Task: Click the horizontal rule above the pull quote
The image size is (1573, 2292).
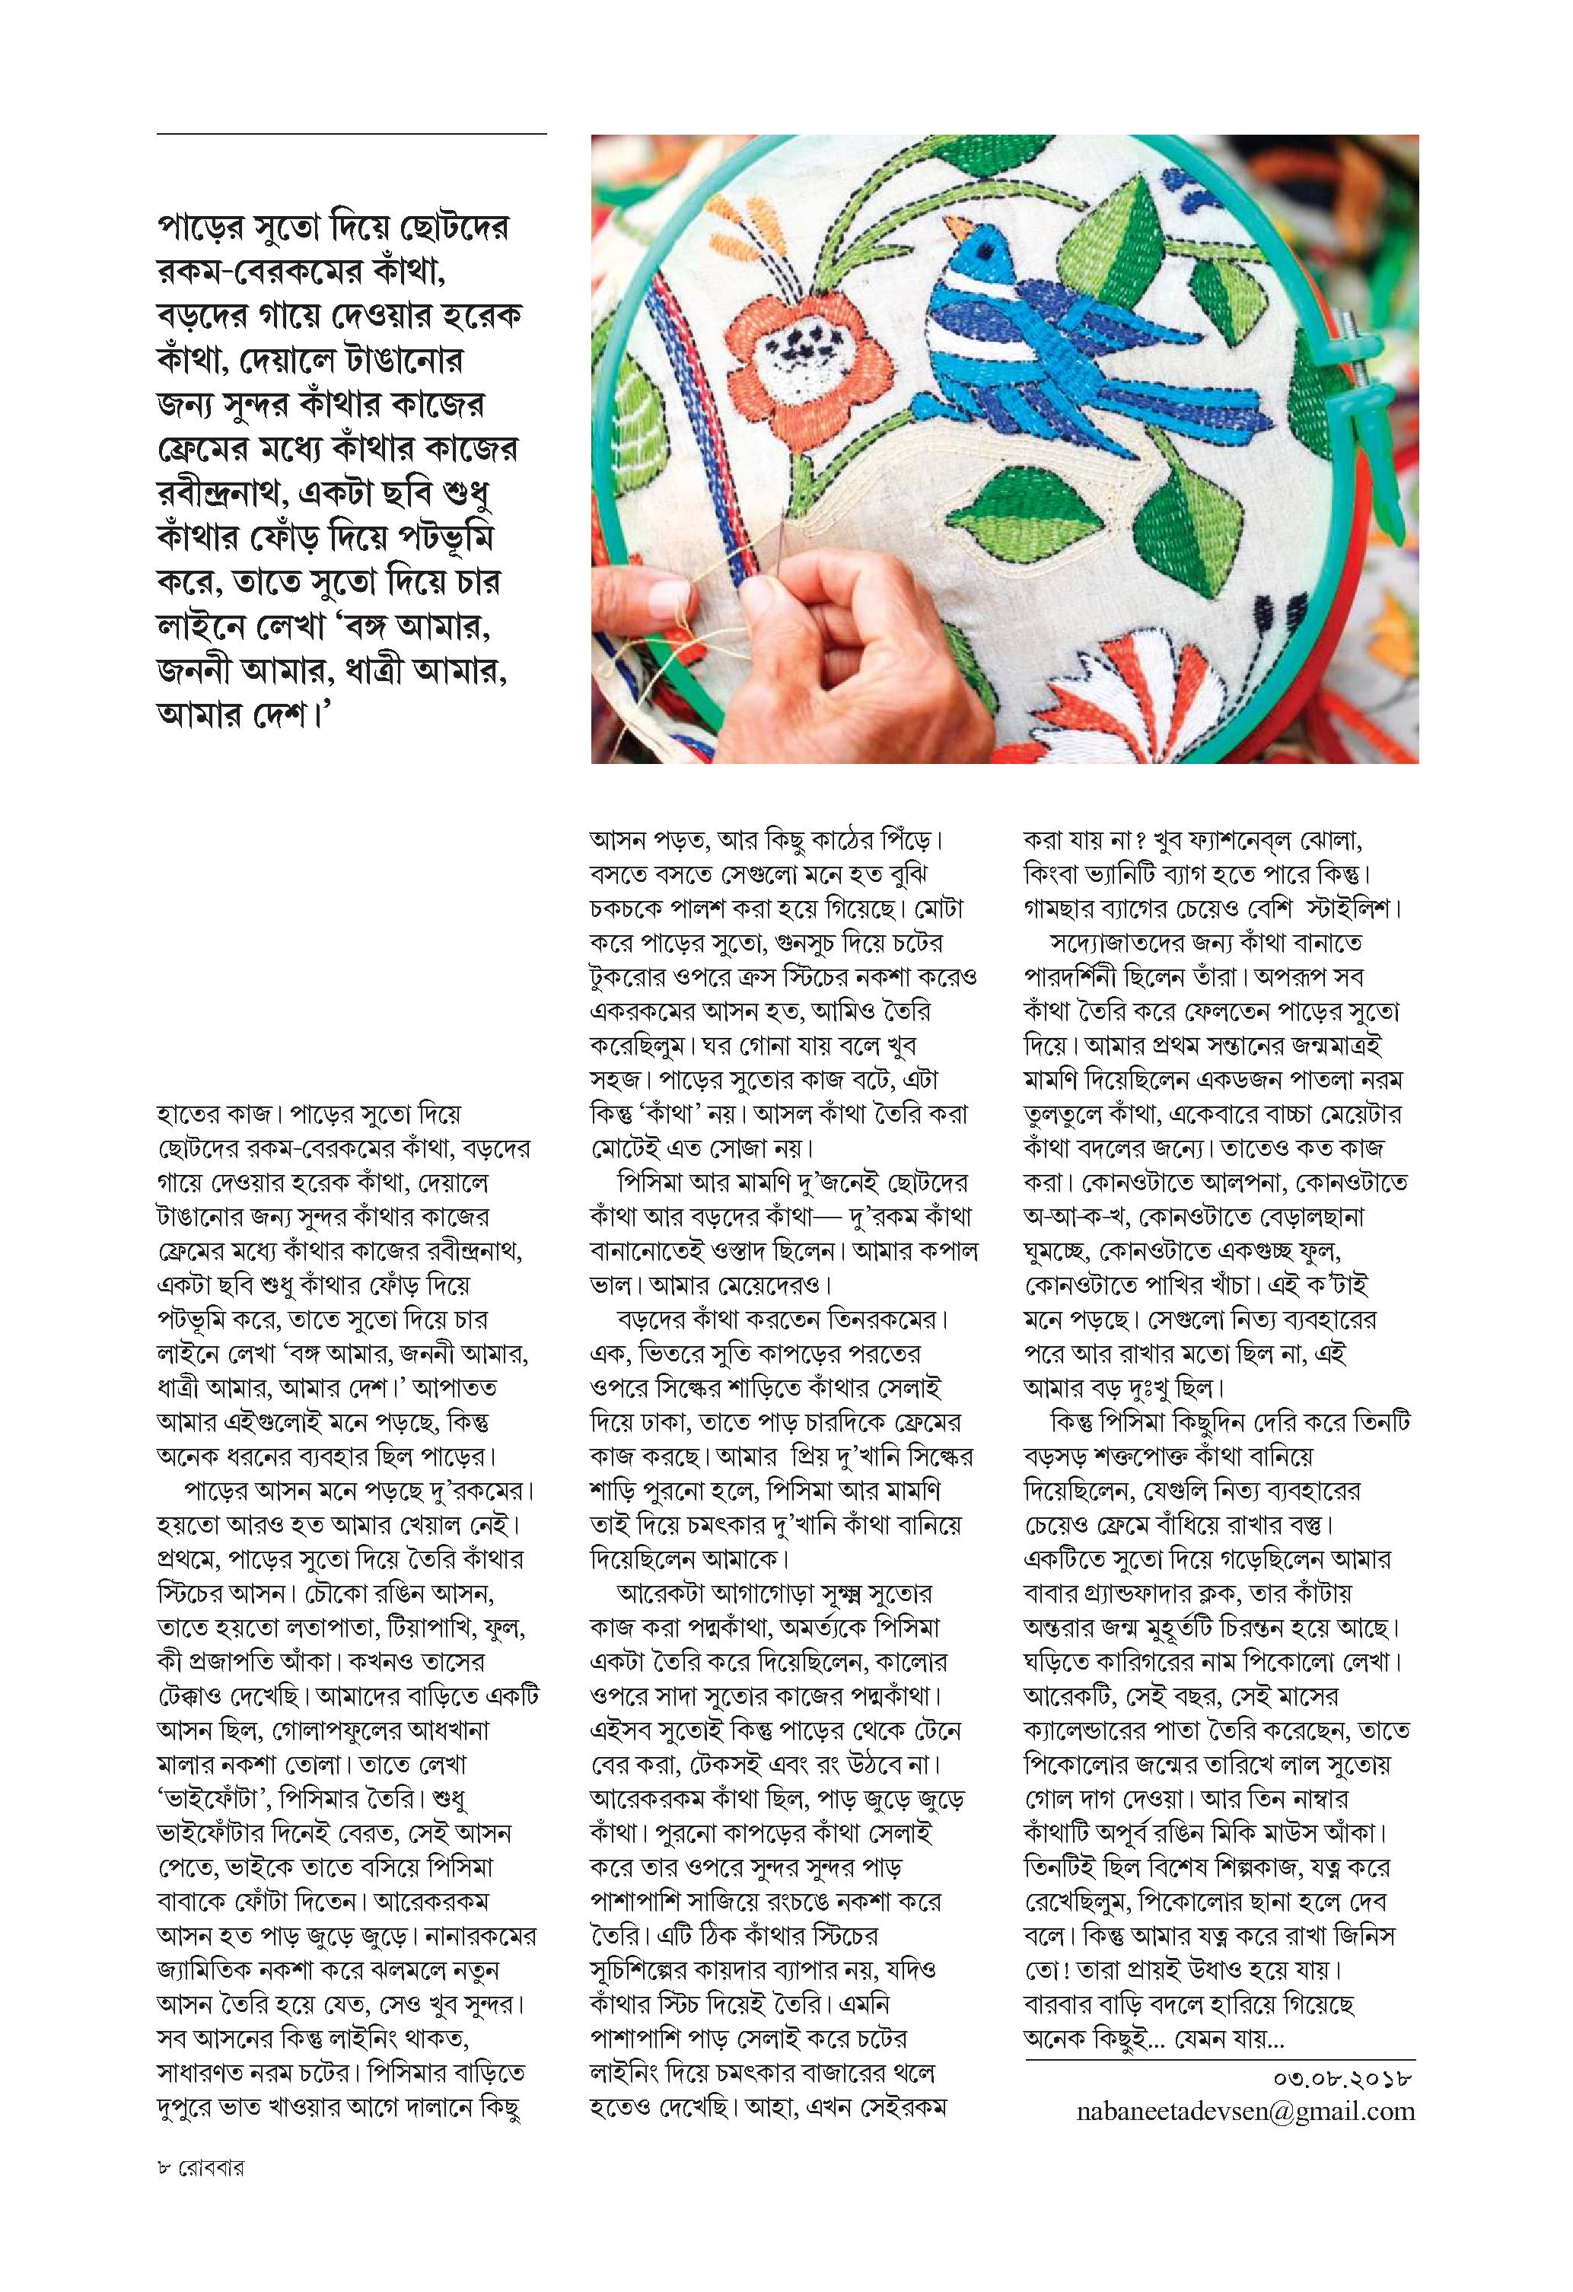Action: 351,133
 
